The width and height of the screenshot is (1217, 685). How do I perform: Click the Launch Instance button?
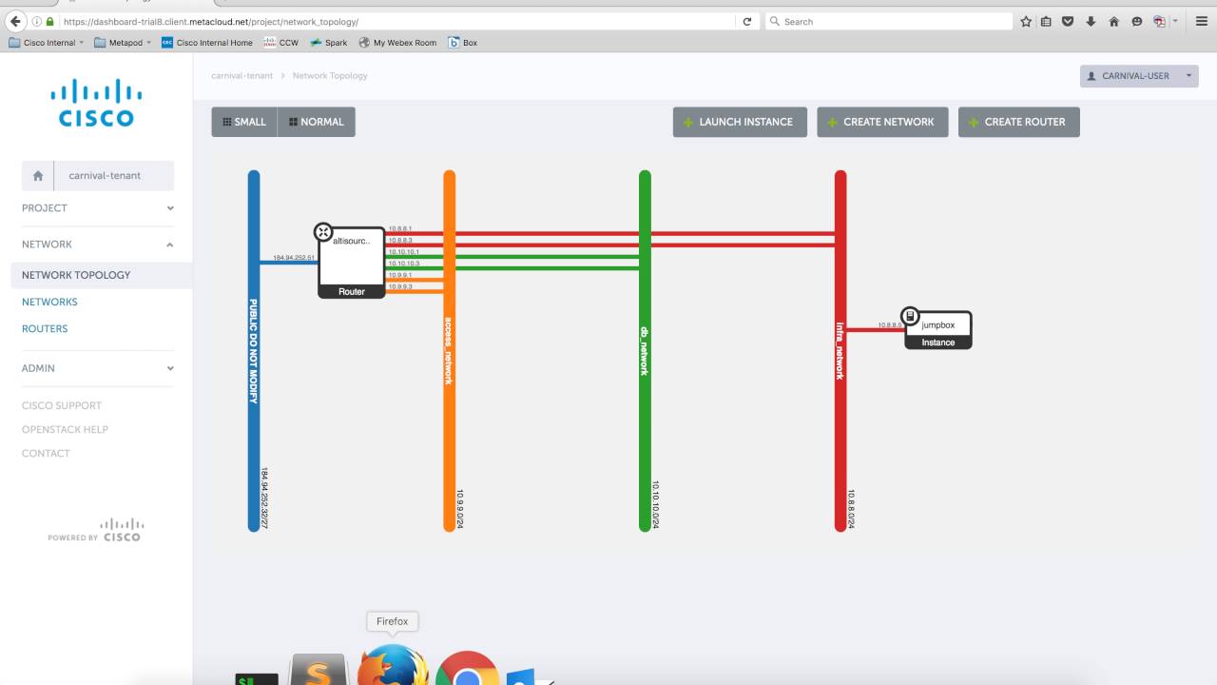pos(740,122)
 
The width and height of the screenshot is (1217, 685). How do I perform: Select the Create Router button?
pos(1018,122)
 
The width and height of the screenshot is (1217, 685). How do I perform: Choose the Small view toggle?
pos(244,122)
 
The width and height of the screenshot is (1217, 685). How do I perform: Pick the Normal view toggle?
pos(317,122)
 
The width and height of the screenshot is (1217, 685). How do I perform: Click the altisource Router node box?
pos(352,262)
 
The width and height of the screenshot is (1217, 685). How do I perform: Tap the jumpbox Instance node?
pos(938,329)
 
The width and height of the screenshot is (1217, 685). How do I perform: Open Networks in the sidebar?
pos(49,302)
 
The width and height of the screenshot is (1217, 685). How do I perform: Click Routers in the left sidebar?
pos(45,328)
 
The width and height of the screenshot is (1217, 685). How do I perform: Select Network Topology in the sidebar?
pos(76,275)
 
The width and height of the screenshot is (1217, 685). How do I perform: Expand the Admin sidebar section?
pos(95,368)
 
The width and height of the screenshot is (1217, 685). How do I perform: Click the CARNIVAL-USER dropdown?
pos(1139,76)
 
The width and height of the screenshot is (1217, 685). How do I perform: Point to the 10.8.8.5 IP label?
pos(890,325)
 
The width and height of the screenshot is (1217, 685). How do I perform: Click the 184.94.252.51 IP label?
pos(294,258)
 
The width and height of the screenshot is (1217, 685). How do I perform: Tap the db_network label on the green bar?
pos(645,351)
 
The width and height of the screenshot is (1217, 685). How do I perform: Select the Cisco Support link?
pos(62,405)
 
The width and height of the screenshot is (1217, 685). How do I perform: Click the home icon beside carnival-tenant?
pos(38,176)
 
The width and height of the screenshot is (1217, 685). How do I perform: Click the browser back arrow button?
pos(15,21)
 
